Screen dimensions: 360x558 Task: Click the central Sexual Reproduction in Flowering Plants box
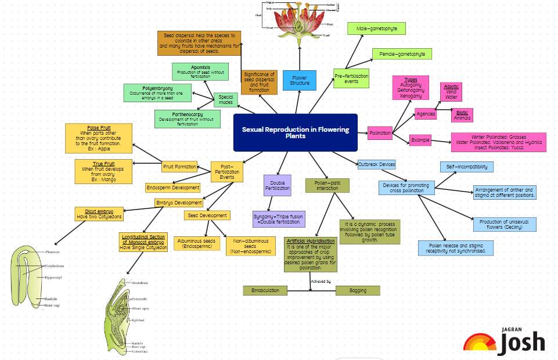(x=295, y=132)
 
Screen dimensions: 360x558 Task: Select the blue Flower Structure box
(x=300, y=80)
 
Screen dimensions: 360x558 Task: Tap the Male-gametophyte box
(x=376, y=28)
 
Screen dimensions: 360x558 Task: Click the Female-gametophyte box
(x=402, y=54)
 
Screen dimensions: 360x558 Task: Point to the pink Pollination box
(x=380, y=133)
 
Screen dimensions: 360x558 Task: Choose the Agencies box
(x=426, y=114)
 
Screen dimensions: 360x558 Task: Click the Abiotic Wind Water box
(x=451, y=91)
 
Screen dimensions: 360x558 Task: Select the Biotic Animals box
(x=462, y=115)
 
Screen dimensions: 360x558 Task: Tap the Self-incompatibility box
(x=467, y=167)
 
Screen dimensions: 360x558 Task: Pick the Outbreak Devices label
(x=376, y=164)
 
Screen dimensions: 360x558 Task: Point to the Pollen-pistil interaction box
(x=327, y=185)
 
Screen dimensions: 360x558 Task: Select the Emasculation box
(x=265, y=290)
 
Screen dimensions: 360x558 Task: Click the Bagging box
(x=358, y=290)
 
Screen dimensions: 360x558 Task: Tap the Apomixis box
(x=200, y=71)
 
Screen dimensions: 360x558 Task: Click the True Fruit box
(x=103, y=171)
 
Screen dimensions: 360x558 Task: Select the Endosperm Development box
(x=173, y=188)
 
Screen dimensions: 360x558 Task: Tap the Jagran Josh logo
(x=504, y=340)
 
